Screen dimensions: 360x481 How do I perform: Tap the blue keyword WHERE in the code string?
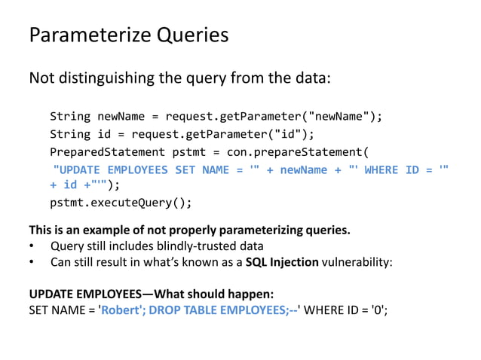(383, 169)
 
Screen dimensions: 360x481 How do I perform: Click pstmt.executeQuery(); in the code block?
(121, 203)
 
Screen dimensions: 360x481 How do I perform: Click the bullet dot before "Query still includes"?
(32, 247)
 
